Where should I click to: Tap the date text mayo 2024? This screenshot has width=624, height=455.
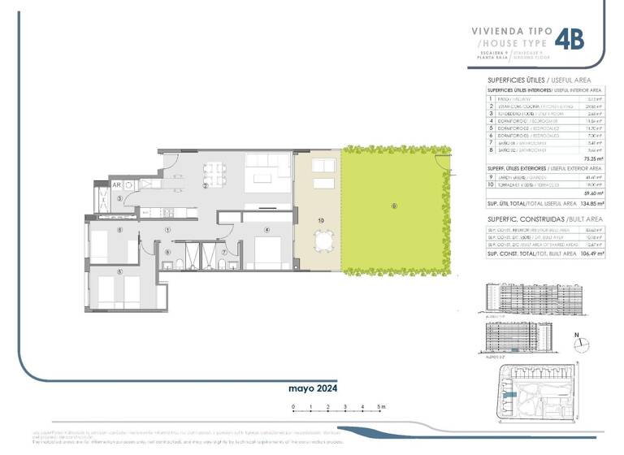(x=313, y=388)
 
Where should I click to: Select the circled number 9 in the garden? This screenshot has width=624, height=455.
(x=394, y=206)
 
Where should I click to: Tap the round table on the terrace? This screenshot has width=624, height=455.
(x=325, y=241)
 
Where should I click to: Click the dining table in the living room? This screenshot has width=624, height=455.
(x=214, y=173)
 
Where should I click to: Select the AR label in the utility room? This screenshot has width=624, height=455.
(x=118, y=184)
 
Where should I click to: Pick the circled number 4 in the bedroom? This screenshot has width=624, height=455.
(x=266, y=230)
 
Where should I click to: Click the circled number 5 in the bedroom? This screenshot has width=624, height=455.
(x=119, y=271)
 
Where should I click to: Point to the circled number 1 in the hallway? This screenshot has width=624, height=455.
(x=167, y=229)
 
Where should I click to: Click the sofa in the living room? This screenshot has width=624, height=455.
(x=264, y=177)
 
